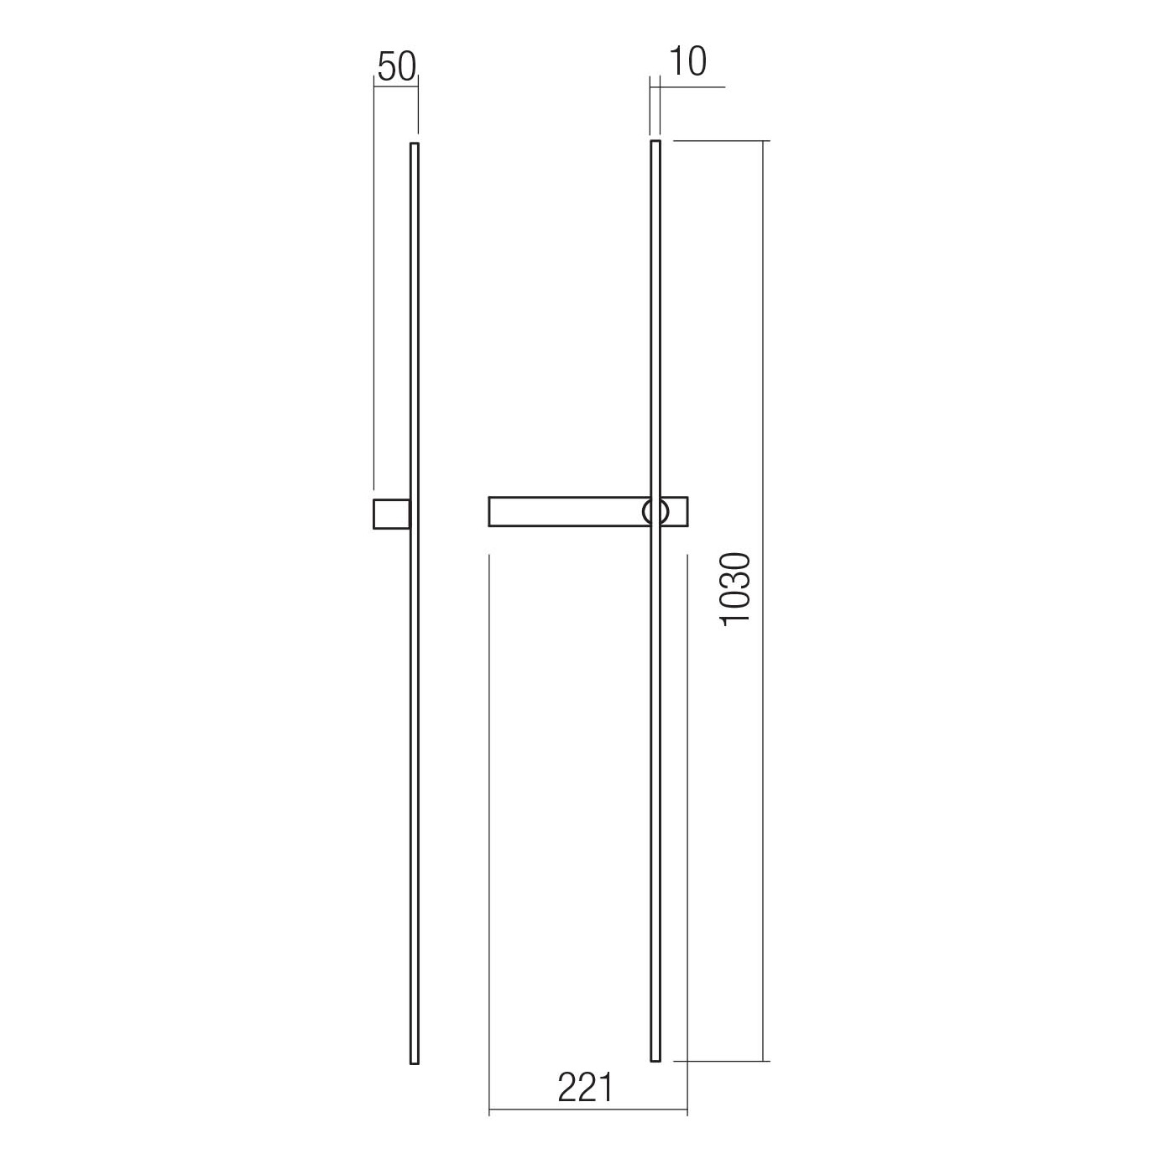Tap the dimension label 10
pos(688,61)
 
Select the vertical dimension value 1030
pos(734,589)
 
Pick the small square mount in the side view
pos(391,514)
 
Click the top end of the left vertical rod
pos(414,144)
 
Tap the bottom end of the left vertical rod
pos(414,1064)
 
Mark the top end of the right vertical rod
pos(655,142)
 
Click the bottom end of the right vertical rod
pos(655,1061)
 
